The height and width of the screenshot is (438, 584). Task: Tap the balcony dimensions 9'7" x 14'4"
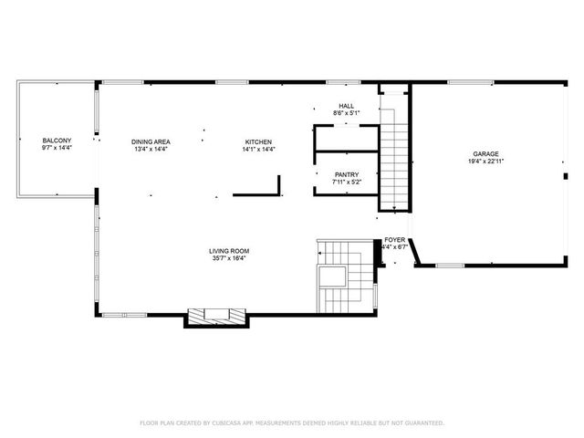57,148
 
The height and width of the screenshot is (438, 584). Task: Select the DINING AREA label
151,141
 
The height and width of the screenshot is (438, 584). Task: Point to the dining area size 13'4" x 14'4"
151,149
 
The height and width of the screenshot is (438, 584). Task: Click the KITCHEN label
258,141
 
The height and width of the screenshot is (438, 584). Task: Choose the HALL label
346,106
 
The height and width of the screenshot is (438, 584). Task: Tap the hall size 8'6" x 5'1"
346,113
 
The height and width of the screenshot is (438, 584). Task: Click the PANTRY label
346,174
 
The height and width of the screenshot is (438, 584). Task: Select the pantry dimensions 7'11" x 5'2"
346,182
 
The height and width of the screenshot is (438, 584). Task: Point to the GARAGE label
485,153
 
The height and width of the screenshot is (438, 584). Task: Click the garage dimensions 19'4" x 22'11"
485,161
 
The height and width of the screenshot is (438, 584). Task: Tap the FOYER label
394,239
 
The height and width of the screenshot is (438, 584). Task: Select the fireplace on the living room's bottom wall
217,316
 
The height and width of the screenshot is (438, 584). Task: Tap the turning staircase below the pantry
342,274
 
